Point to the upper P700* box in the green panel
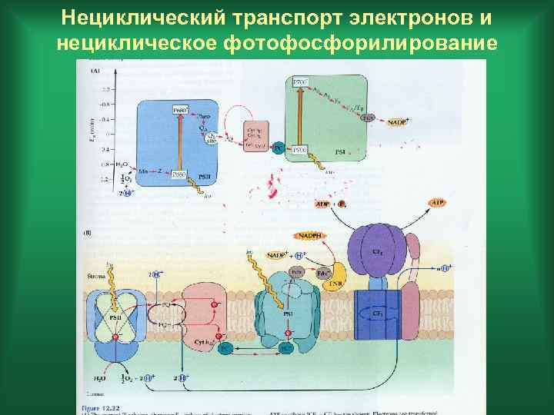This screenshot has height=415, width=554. [300, 82]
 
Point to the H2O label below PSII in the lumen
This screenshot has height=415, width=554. [102, 378]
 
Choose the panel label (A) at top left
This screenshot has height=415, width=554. [95, 71]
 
